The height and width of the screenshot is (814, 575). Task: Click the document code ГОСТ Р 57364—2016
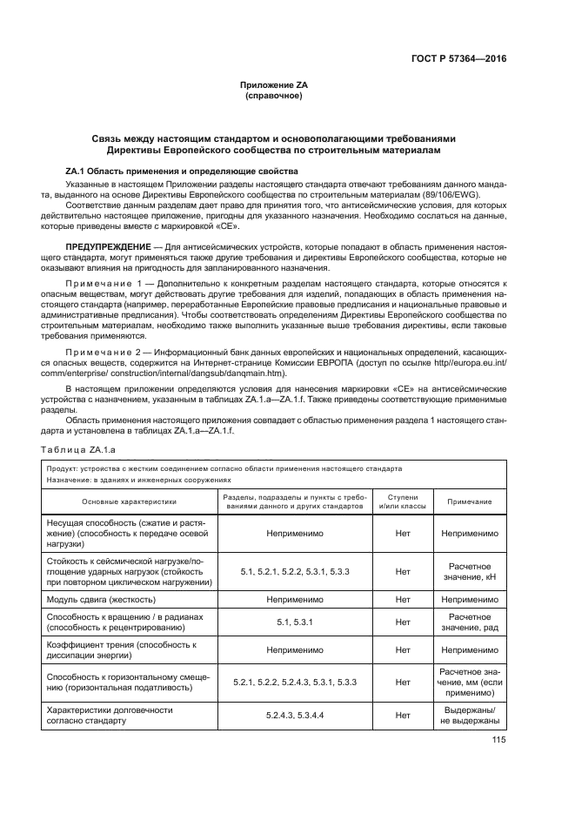(458, 59)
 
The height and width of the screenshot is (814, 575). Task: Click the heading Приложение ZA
(274, 84)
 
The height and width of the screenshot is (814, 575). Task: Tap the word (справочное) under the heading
(274, 95)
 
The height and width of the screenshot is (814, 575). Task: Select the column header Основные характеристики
(129, 501)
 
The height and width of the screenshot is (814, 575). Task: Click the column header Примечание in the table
(470, 501)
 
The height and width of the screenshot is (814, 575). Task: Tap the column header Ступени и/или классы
(402, 501)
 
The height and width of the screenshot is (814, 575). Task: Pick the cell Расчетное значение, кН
(470, 572)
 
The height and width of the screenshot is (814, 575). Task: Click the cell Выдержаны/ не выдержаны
(470, 716)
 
